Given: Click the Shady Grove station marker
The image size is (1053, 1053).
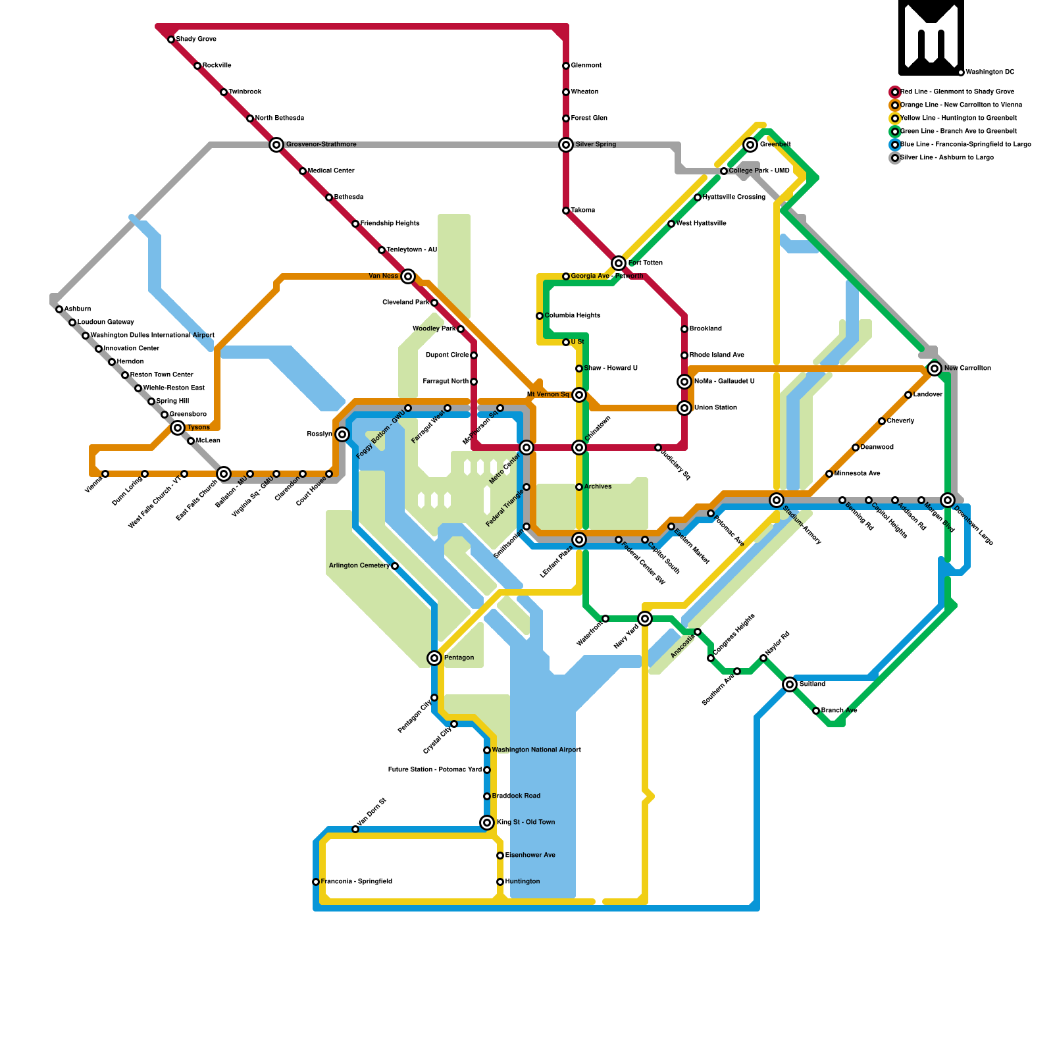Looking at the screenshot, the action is click(171, 39).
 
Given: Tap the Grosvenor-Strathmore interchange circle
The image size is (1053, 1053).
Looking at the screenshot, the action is click(276, 145).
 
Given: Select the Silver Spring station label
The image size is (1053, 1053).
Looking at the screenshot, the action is click(596, 145).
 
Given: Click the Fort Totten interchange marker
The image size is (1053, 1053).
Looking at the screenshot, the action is click(619, 263).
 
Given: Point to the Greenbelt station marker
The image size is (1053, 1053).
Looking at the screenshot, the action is click(750, 145).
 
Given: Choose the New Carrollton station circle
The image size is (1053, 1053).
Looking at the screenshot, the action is click(935, 369).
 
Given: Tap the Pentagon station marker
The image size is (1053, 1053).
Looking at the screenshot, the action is click(434, 658).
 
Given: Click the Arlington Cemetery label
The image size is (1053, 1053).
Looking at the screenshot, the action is click(359, 566).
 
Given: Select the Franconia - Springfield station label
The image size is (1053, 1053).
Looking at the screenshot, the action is click(356, 882).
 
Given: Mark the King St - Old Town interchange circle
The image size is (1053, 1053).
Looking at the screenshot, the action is click(487, 823).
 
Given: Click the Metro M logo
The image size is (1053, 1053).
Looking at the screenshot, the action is click(931, 38).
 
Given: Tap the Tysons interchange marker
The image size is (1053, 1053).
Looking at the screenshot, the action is click(178, 428).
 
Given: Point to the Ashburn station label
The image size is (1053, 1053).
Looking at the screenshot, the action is click(78, 309).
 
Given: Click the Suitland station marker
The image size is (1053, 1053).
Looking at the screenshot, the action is click(790, 684).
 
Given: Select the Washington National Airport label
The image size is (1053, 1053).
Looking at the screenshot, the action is click(536, 750).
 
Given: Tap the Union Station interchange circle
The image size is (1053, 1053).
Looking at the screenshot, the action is click(684, 408).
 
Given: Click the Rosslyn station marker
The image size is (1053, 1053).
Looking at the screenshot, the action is click(342, 434).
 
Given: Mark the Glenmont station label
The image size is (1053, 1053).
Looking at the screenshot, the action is click(586, 66).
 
